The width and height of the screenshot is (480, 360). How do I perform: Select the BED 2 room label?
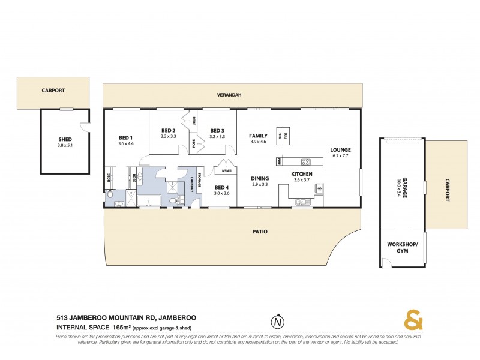169,131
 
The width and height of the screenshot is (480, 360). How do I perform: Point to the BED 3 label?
217,131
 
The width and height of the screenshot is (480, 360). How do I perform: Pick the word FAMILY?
258,136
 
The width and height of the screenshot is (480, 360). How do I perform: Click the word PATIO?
260,231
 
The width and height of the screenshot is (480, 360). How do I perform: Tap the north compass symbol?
277,322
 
